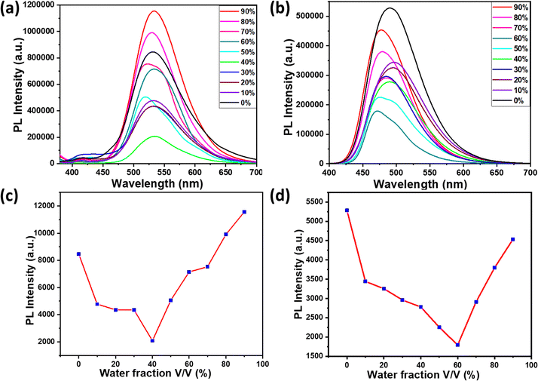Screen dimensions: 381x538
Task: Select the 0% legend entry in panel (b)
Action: click(x=507, y=100)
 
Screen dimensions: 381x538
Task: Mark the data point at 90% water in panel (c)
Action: click(x=243, y=212)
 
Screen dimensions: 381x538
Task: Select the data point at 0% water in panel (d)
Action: click(x=347, y=210)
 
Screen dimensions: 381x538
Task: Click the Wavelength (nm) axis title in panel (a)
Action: click(x=156, y=183)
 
